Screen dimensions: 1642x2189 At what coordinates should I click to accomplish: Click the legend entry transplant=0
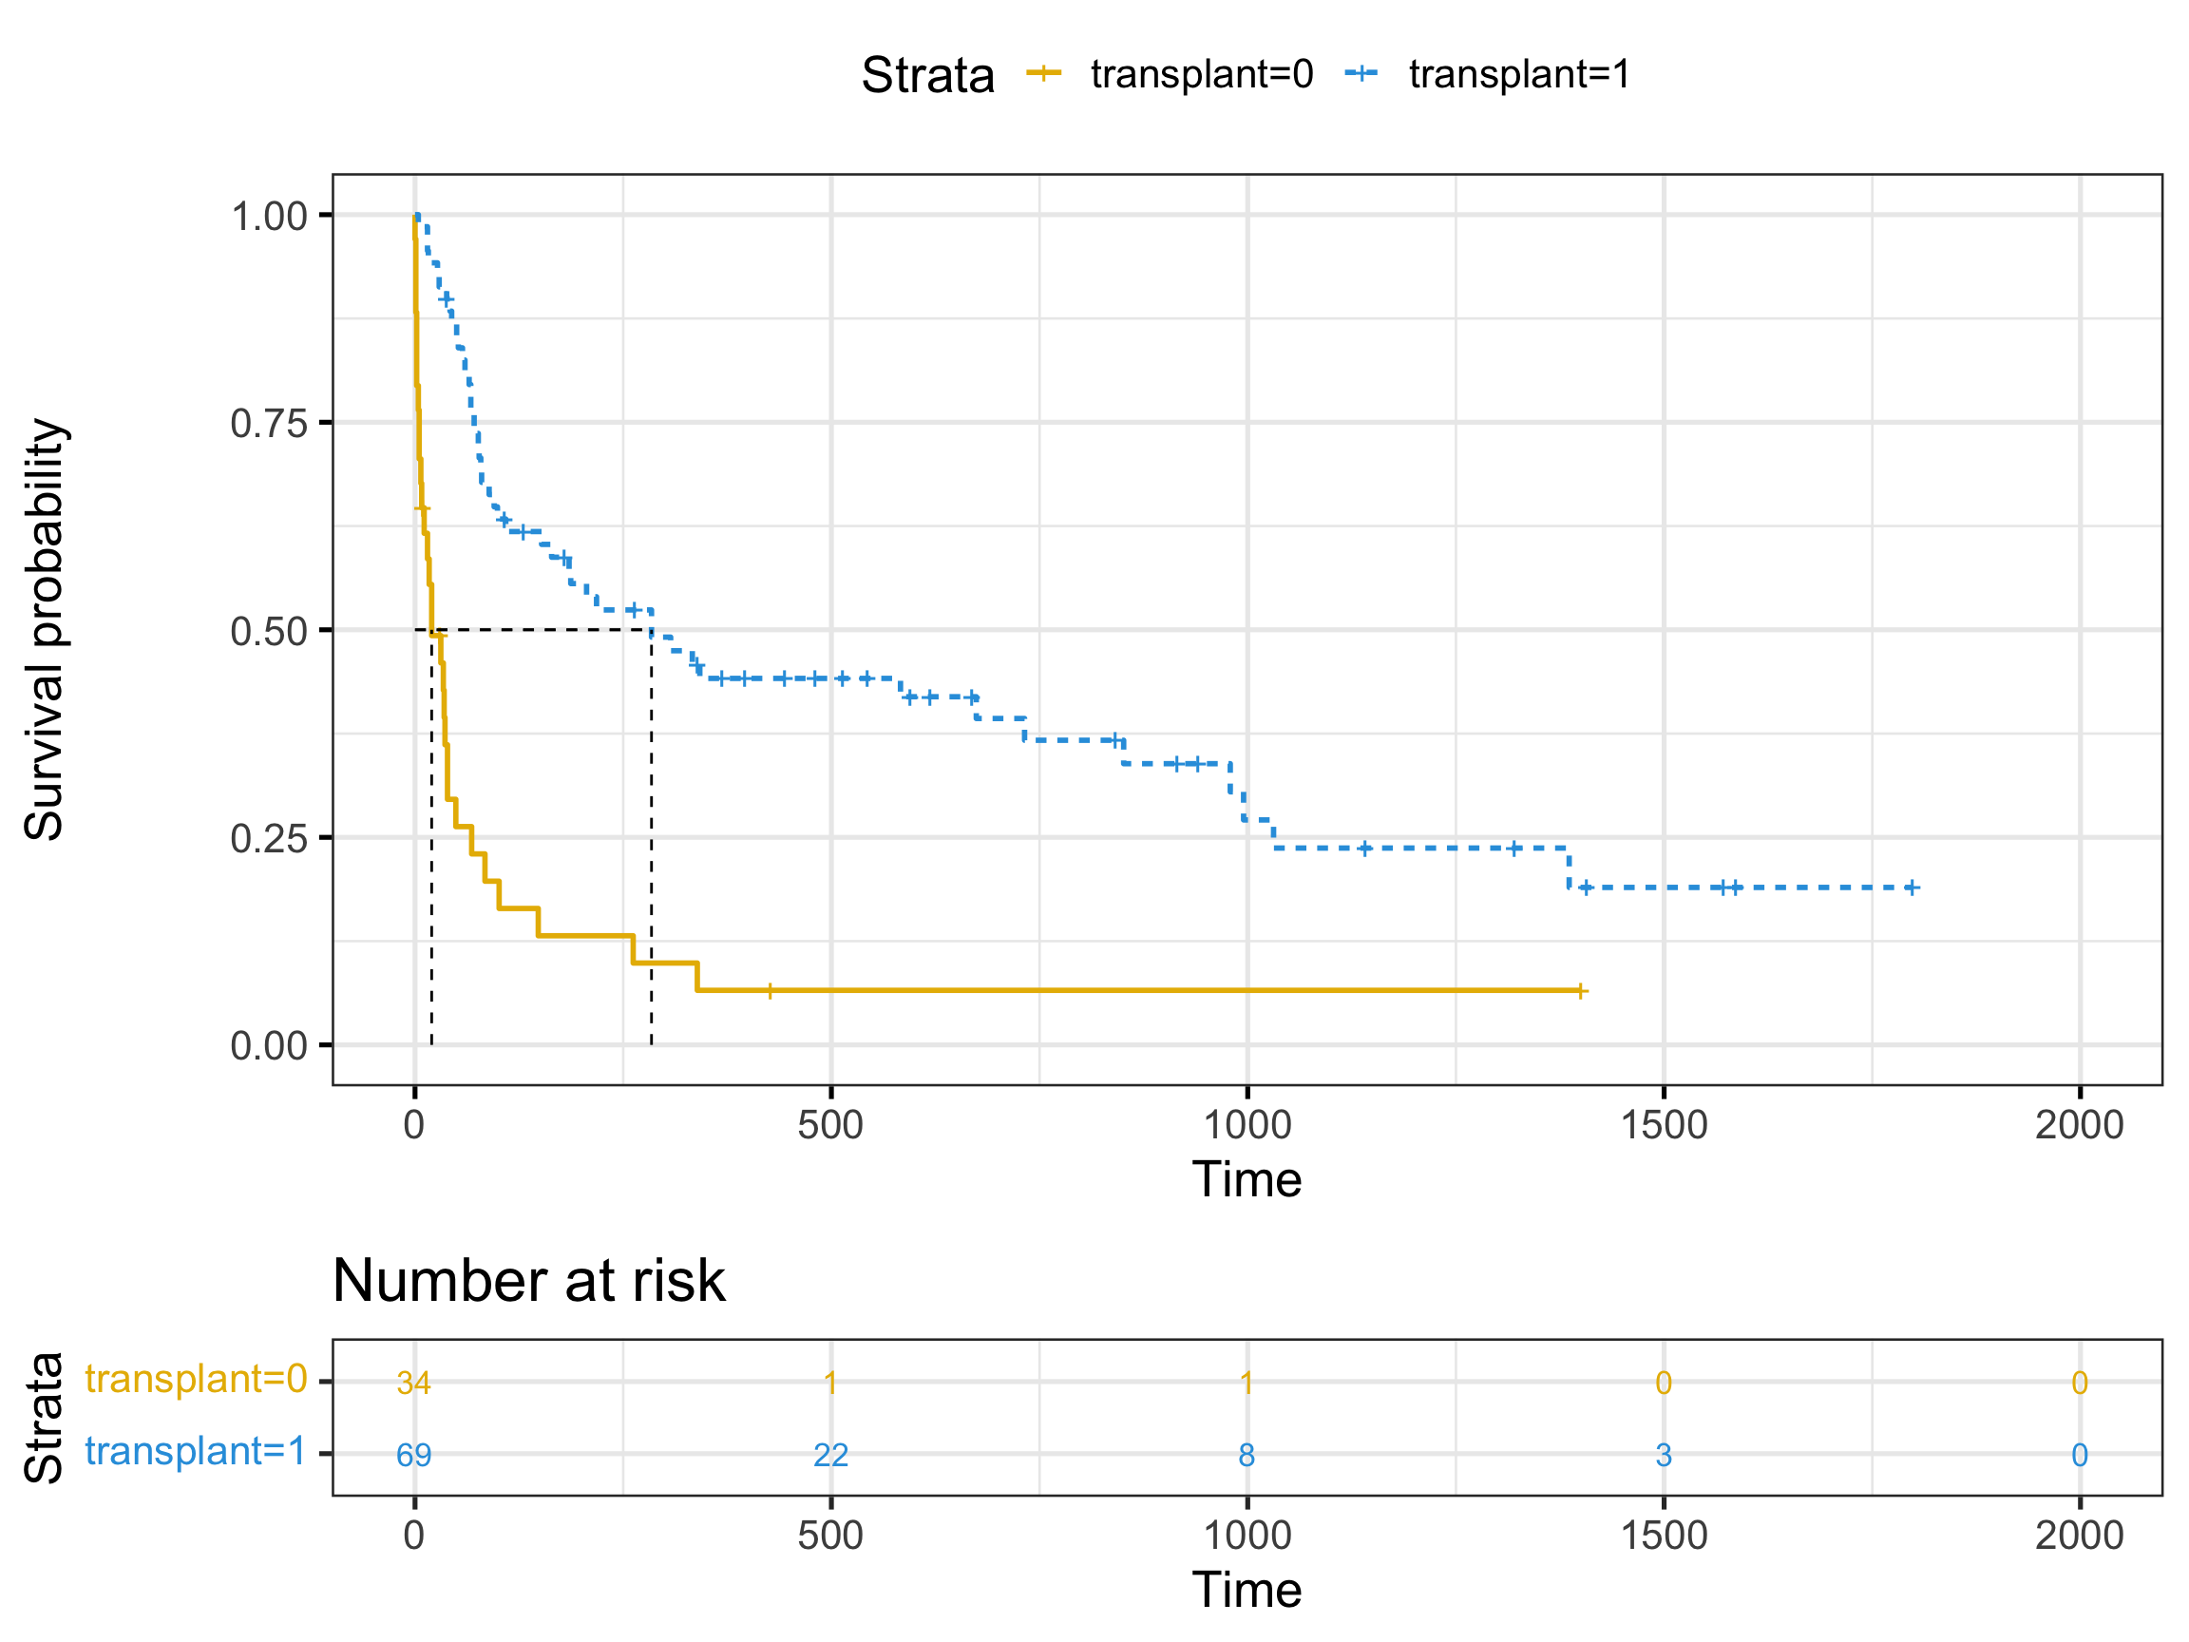[1200, 74]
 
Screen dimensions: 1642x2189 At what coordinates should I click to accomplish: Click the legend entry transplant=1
[1519, 74]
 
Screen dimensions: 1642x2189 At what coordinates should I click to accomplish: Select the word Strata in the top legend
[927, 75]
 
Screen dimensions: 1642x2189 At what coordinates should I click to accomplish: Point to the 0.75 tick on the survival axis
[269, 424]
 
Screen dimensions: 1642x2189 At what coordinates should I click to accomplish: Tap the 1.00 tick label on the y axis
[269, 216]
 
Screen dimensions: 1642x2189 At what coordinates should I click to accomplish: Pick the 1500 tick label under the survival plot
[1664, 1125]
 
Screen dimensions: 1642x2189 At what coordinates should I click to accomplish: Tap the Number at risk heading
[528, 1281]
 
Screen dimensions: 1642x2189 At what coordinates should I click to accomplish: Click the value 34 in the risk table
[413, 1383]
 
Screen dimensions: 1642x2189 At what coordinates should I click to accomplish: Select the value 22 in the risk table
[830, 1455]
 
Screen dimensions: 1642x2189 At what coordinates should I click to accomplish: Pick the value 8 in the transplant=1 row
[1247, 1455]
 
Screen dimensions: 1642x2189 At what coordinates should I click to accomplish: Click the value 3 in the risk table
[1664, 1455]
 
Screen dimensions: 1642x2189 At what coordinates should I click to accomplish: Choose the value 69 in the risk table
[413, 1455]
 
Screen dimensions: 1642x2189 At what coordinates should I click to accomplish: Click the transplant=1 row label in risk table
[195, 1451]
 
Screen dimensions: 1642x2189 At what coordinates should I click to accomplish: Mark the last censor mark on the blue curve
[1912, 888]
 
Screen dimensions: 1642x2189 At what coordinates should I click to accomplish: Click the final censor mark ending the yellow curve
[1581, 991]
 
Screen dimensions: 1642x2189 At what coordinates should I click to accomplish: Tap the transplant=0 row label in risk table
[195, 1379]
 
